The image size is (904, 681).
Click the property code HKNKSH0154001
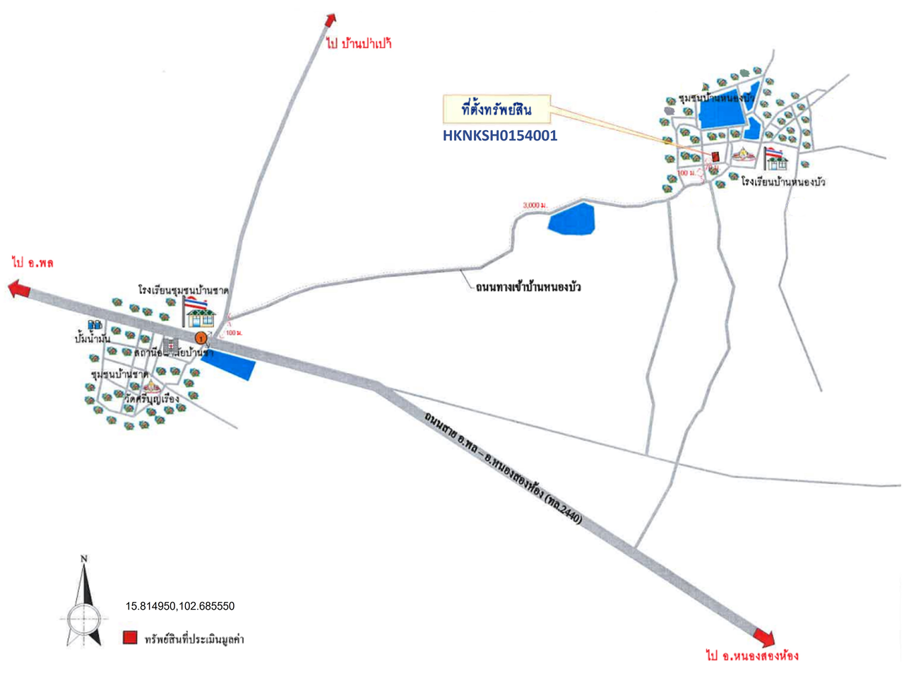pyautogui.click(x=499, y=136)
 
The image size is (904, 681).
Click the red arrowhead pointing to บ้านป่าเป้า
pyautogui.click(x=331, y=19)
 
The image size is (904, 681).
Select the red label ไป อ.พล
pyautogui.click(x=33, y=263)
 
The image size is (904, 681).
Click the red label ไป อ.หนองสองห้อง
pyautogui.click(x=752, y=656)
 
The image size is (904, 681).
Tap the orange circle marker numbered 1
pyautogui.click(x=201, y=338)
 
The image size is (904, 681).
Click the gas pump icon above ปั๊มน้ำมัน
pyautogui.click(x=95, y=326)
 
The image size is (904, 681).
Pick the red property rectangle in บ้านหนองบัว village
pyautogui.click(x=715, y=155)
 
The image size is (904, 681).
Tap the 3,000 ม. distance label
pyautogui.click(x=535, y=205)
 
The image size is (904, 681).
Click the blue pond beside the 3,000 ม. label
pyautogui.click(x=572, y=218)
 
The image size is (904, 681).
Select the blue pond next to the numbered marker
pyautogui.click(x=229, y=365)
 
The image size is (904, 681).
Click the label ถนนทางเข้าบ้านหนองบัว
pyautogui.click(x=528, y=288)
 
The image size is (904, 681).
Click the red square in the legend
pyautogui.click(x=129, y=638)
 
